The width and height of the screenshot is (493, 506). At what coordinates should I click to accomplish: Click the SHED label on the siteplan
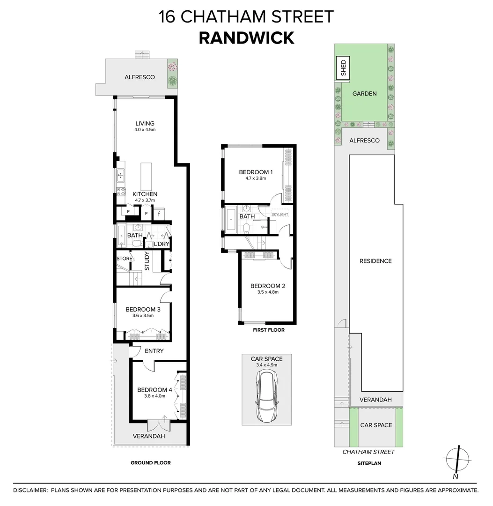point(343,68)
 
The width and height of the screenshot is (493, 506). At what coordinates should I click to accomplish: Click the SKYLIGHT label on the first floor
point(280,214)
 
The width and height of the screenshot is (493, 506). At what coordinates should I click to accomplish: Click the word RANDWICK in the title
point(246,37)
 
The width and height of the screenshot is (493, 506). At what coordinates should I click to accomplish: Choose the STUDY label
point(147,261)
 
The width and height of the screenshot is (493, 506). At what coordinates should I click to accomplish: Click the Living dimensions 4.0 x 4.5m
point(143,130)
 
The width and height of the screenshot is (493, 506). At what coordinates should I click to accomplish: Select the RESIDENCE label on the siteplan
point(375,261)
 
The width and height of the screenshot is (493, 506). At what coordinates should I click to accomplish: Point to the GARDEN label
point(364,94)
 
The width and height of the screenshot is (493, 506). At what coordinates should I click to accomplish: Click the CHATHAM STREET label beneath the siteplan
point(368,452)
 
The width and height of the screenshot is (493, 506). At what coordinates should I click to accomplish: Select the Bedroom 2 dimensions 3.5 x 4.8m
point(267,292)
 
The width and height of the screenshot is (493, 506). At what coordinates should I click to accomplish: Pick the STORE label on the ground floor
point(125,258)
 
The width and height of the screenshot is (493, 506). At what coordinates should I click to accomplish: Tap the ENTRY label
point(154,351)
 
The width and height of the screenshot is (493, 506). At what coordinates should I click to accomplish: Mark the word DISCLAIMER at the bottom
point(30,490)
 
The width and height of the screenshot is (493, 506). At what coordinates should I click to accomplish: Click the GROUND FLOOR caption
point(150,463)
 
